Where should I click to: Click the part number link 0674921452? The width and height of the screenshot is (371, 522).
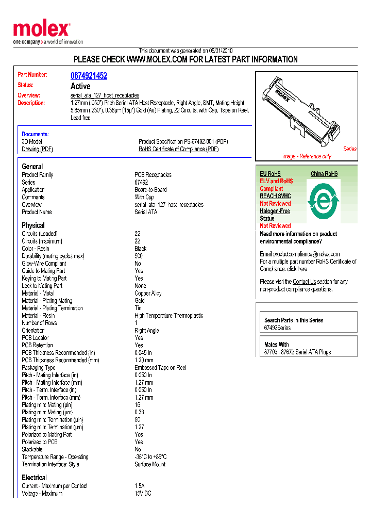(x=89, y=76)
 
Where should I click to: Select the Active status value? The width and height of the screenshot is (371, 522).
(x=80, y=86)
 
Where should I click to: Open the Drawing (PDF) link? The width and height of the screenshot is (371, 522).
(x=37, y=149)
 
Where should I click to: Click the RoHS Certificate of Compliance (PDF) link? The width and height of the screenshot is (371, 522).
(x=178, y=149)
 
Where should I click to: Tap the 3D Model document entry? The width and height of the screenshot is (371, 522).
(x=32, y=142)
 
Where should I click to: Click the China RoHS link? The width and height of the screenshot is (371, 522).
(x=324, y=174)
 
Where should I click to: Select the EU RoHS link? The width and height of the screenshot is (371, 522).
(x=270, y=174)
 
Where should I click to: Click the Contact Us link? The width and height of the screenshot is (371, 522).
(x=304, y=282)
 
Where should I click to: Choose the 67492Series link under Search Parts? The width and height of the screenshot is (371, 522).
(x=277, y=328)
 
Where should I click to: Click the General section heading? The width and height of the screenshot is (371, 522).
(x=32, y=167)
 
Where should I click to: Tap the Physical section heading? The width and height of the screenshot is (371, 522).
(x=33, y=225)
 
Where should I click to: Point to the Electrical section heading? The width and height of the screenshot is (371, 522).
(x=34, y=478)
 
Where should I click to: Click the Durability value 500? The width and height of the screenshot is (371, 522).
(x=139, y=256)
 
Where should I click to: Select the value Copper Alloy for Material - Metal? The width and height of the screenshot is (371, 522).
(x=148, y=293)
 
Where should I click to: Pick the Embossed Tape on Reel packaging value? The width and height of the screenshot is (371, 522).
(x=160, y=368)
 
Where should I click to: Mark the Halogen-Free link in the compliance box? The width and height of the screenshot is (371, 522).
(x=275, y=211)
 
